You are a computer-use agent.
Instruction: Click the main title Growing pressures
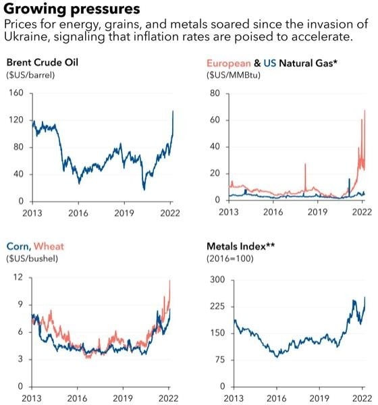click(x=72, y=9)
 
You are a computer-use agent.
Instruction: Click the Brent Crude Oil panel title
click(x=42, y=63)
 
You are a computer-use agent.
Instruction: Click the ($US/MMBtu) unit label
click(x=234, y=74)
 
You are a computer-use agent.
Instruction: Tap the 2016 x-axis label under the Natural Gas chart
click(x=273, y=211)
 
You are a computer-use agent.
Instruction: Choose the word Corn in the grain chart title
click(x=17, y=246)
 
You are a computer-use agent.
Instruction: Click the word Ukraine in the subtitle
click(x=25, y=36)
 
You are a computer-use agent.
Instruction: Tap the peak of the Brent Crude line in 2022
click(x=173, y=111)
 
